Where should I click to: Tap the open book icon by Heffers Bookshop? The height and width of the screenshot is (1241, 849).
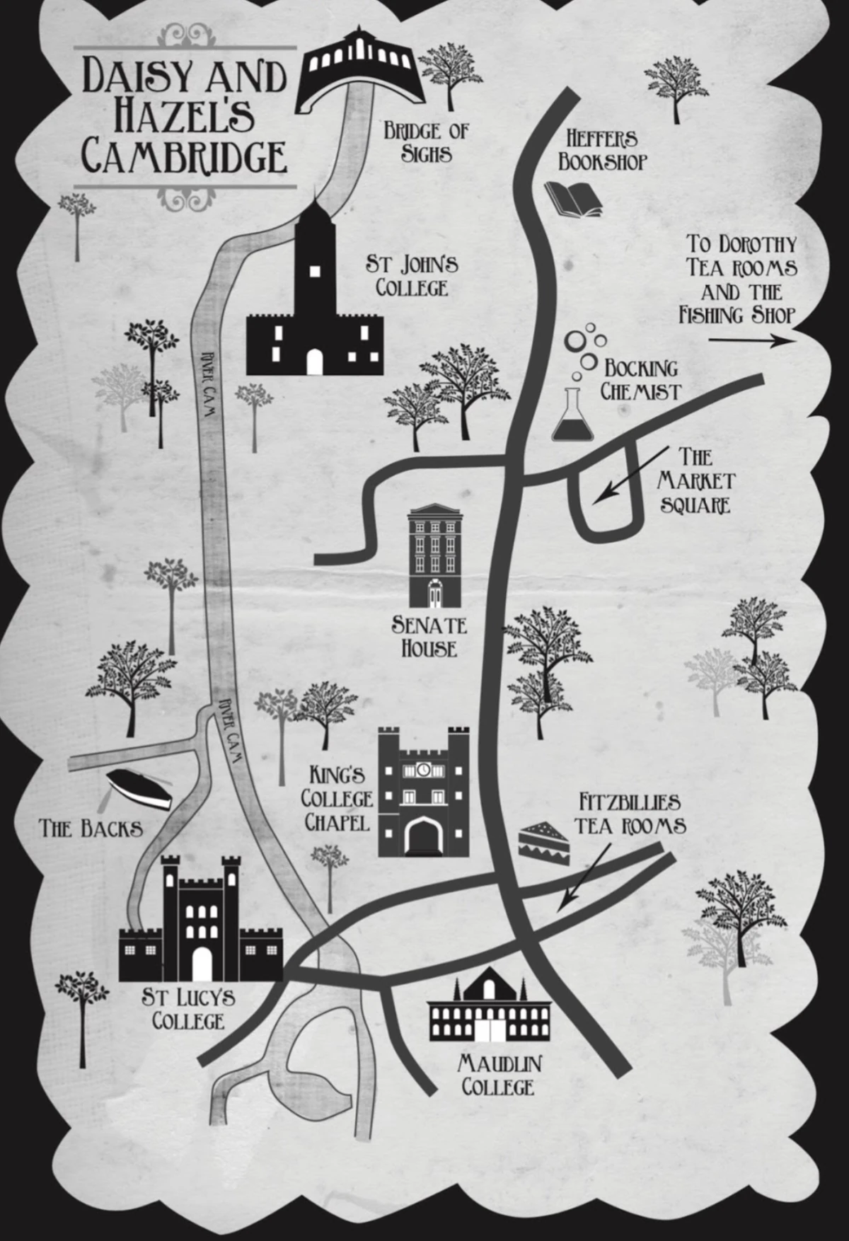pos(574,199)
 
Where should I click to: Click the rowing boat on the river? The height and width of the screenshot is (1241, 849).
pos(139,790)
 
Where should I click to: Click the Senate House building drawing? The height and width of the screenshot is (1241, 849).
pos(434,556)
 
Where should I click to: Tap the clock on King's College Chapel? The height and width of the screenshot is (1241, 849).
pos(423,770)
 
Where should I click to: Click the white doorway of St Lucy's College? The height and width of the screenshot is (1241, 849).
pos(202,964)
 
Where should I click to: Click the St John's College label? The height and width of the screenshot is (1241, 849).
pos(412,276)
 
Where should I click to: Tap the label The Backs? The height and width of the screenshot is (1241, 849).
pos(91,828)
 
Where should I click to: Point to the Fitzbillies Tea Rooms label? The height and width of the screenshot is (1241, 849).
pos(629,814)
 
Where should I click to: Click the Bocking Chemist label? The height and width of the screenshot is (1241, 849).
pos(640,380)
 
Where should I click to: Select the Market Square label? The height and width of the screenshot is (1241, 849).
pos(695,480)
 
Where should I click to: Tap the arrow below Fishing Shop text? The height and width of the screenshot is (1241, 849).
pos(752,340)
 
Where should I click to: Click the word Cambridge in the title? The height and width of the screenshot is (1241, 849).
pos(185,157)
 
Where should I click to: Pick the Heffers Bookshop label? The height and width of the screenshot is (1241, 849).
pos(603,150)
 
